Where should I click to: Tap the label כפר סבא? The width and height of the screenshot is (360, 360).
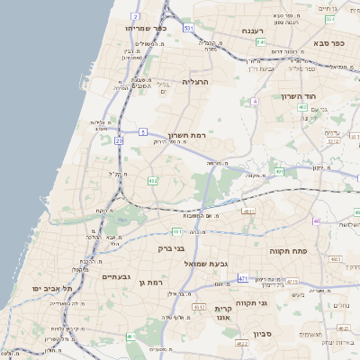330,42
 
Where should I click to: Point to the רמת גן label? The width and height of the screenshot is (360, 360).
156,283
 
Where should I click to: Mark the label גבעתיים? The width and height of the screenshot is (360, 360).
117,276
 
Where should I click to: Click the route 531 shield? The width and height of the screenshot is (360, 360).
188,29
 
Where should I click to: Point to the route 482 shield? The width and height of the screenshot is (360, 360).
153,181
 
